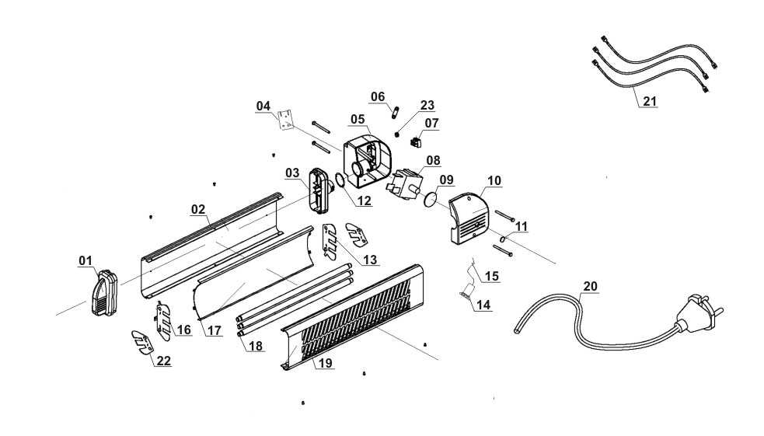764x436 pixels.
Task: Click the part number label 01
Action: click(x=85, y=260)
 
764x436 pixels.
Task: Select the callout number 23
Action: click(x=427, y=105)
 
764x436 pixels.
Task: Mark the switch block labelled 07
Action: click(x=417, y=142)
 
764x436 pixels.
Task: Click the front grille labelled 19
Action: click(x=354, y=319)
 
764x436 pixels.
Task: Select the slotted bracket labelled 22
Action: click(x=141, y=340)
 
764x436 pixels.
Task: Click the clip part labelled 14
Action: click(x=466, y=294)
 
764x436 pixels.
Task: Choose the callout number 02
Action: click(x=197, y=209)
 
